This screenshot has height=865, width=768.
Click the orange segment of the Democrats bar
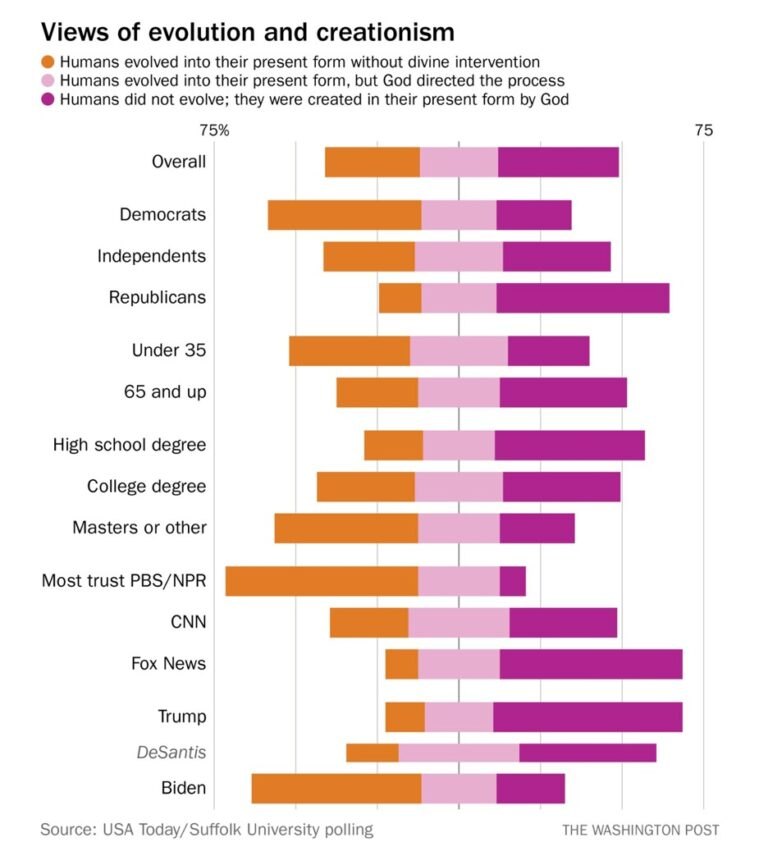pyautogui.click(x=345, y=215)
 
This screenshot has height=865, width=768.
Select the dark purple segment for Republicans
pyautogui.click(x=583, y=298)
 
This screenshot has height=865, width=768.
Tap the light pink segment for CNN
pyautogui.click(x=459, y=623)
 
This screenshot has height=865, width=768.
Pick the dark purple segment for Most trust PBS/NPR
pyautogui.click(x=513, y=581)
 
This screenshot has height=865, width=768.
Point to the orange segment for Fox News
pyautogui.click(x=402, y=664)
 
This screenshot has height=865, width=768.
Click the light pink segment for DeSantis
pyautogui.click(x=459, y=753)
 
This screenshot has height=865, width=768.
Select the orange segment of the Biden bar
pyautogui.click(x=337, y=789)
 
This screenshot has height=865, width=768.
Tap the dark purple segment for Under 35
pyautogui.click(x=548, y=351)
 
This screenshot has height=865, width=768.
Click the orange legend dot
pyautogui.click(x=48, y=62)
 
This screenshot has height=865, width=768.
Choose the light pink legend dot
pyautogui.click(x=48, y=81)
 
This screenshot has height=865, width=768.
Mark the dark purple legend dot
pyautogui.click(x=48, y=99)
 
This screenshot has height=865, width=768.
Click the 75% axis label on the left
pyautogui.click(x=215, y=130)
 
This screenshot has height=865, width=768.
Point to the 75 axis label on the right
pyautogui.click(x=703, y=130)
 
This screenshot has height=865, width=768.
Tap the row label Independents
pyautogui.click(x=152, y=256)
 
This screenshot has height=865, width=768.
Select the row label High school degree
pyautogui.click(x=130, y=445)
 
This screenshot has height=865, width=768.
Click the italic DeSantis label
pyautogui.click(x=172, y=752)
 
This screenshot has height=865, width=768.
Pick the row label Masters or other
pyautogui.click(x=140, y=527)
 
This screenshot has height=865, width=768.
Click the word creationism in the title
pyautogui.click(x=386, y=32)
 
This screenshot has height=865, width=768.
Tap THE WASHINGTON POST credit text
pyautogui.click(x=641, y=830)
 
